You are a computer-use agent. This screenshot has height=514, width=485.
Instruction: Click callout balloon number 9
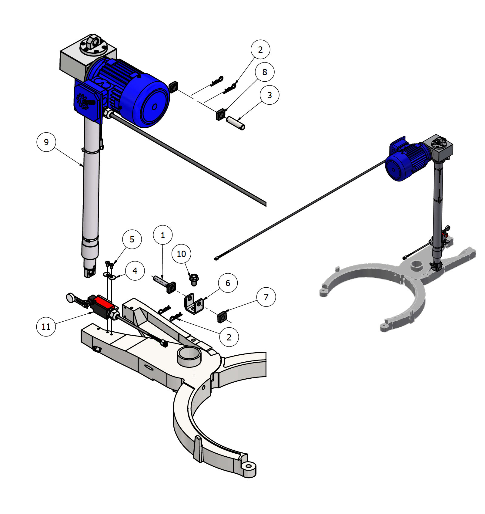46,142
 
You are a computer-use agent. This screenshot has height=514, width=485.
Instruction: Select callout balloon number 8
265,72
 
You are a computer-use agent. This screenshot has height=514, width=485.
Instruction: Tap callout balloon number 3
269,95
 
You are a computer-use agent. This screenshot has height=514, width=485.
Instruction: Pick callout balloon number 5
132,239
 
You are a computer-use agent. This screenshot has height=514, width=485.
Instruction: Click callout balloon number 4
135,271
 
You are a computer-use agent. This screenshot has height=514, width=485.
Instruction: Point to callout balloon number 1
163,235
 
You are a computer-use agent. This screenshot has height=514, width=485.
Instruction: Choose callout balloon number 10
181,254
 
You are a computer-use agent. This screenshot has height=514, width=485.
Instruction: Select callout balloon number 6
228,283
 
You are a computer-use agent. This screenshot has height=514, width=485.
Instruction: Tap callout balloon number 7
266,297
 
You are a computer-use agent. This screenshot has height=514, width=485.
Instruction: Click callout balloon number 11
46,327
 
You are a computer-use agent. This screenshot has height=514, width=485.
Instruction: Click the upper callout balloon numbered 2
260,49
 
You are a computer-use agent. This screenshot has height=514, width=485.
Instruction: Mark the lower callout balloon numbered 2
229,337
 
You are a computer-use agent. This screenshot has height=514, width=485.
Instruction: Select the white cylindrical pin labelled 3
236,123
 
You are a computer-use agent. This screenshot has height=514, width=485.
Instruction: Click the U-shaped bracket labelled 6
193,303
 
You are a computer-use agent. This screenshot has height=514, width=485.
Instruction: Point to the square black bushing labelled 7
222,317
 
